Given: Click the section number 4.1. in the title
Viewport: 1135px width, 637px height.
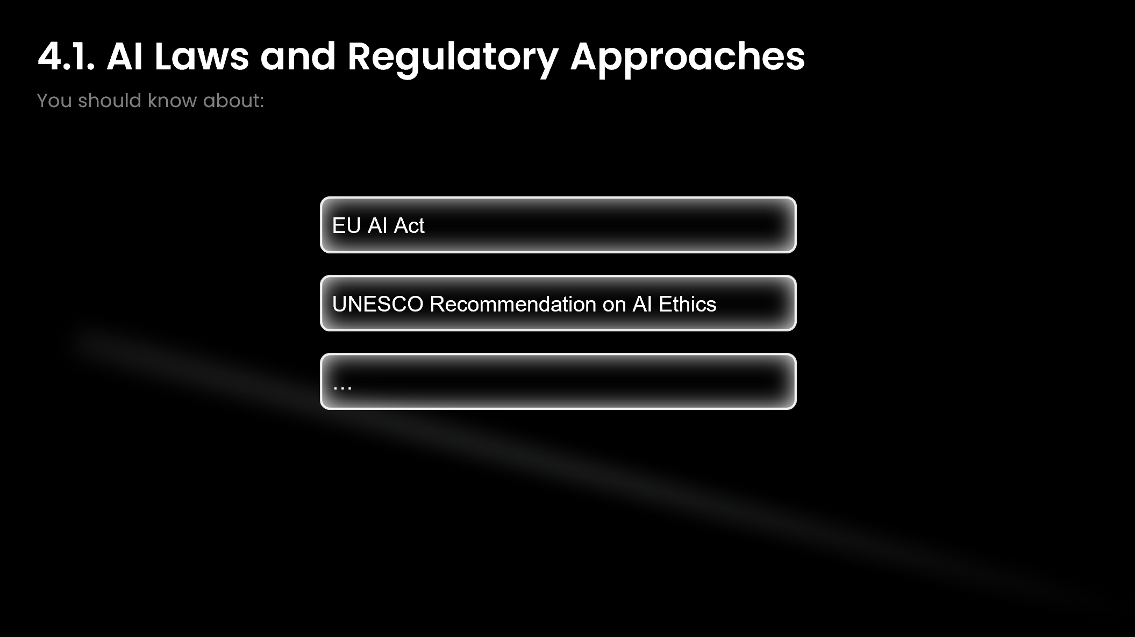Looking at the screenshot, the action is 66,56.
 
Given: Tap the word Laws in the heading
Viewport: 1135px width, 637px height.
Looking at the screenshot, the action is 202,56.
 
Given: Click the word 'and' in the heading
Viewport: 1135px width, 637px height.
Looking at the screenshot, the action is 298,56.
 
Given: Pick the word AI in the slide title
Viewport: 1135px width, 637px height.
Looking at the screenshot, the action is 125,56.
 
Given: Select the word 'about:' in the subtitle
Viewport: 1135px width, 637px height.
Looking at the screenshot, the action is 233,101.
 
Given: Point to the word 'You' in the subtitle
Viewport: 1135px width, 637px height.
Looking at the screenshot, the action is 54,101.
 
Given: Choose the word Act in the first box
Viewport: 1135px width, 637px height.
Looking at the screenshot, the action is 409,225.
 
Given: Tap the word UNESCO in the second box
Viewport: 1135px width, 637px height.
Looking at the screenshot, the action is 378,304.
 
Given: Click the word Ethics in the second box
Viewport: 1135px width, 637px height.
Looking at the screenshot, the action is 688,304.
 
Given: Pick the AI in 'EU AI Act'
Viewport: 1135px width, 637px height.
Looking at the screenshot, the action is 377,225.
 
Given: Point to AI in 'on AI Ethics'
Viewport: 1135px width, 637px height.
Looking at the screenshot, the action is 643,304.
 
